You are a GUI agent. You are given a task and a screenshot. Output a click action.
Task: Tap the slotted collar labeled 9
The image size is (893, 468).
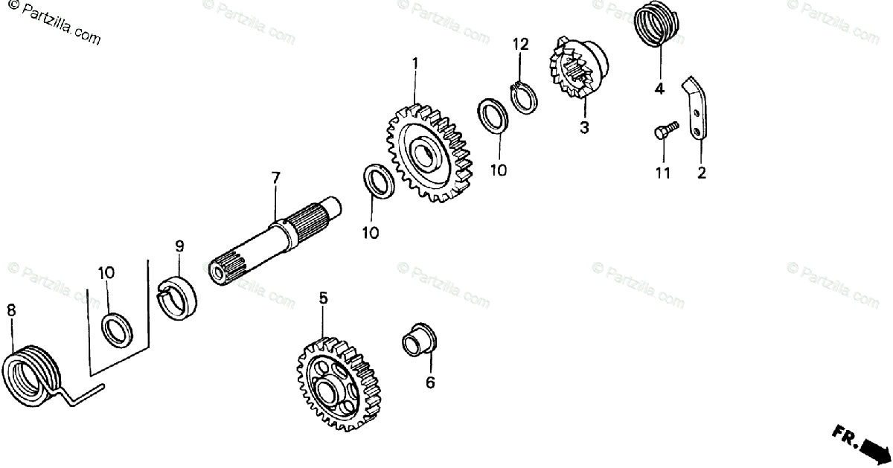tap(179, 298)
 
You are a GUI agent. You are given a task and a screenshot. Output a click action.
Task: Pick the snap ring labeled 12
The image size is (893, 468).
tap(525, 97)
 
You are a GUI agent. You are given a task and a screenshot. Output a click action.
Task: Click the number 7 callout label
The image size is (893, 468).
tap(276, 178)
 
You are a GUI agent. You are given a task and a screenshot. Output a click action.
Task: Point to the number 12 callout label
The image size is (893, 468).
tap(520, 44)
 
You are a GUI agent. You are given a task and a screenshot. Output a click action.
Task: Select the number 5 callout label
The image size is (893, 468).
tap(323, 298)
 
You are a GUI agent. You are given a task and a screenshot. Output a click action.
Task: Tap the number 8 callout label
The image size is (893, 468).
tap(10, 310)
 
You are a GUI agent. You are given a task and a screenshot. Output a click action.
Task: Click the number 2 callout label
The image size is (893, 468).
tap(702, 173)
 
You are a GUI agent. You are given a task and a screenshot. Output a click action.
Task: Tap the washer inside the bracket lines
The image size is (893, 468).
tap(118, 330)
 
